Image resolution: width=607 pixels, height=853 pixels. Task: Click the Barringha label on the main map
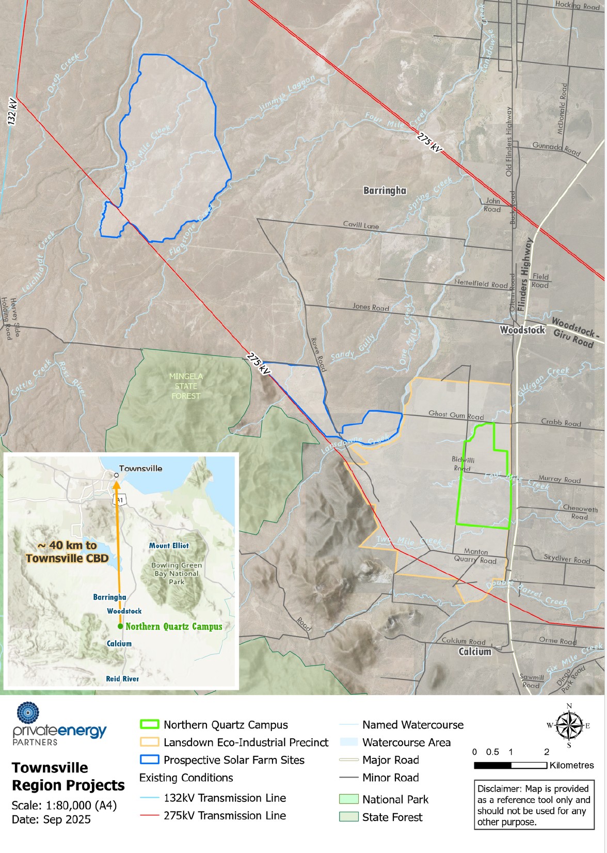(385, 191)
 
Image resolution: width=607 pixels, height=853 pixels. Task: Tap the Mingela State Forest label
(186, 386)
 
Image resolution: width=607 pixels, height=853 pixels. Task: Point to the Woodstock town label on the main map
(522, 330)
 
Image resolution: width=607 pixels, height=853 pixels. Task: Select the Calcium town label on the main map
(475, 652)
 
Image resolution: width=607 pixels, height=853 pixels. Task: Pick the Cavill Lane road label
(361, 225)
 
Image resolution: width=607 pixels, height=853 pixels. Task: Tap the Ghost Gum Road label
(456, 415)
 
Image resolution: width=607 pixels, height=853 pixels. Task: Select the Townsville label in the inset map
(140, 468)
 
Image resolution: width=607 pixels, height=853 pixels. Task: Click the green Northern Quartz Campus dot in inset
(120, 626)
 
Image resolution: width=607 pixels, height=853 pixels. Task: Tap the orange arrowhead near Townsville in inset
(117, 484)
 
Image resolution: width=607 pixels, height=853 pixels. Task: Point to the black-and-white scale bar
(510, 765)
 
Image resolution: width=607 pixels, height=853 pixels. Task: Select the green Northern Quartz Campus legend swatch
(149, 724)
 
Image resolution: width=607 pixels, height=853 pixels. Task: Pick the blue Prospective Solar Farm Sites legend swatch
(149, 760)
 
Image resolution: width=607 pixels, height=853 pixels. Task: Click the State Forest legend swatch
(348, 817)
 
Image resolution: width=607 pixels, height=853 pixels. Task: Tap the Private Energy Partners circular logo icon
(28, 713)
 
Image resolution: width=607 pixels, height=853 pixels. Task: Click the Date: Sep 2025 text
(51, 819)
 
